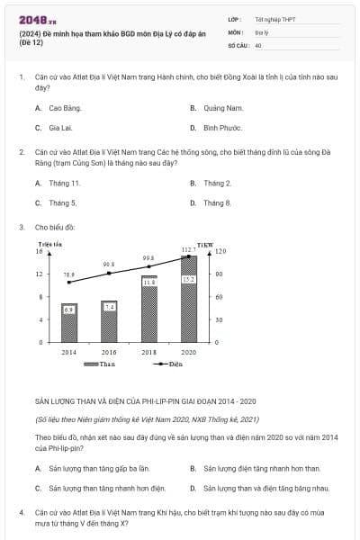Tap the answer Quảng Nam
224,108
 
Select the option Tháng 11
64,183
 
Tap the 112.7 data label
188,249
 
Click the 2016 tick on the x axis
109,351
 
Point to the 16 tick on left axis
40,251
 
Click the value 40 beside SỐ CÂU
258,44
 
